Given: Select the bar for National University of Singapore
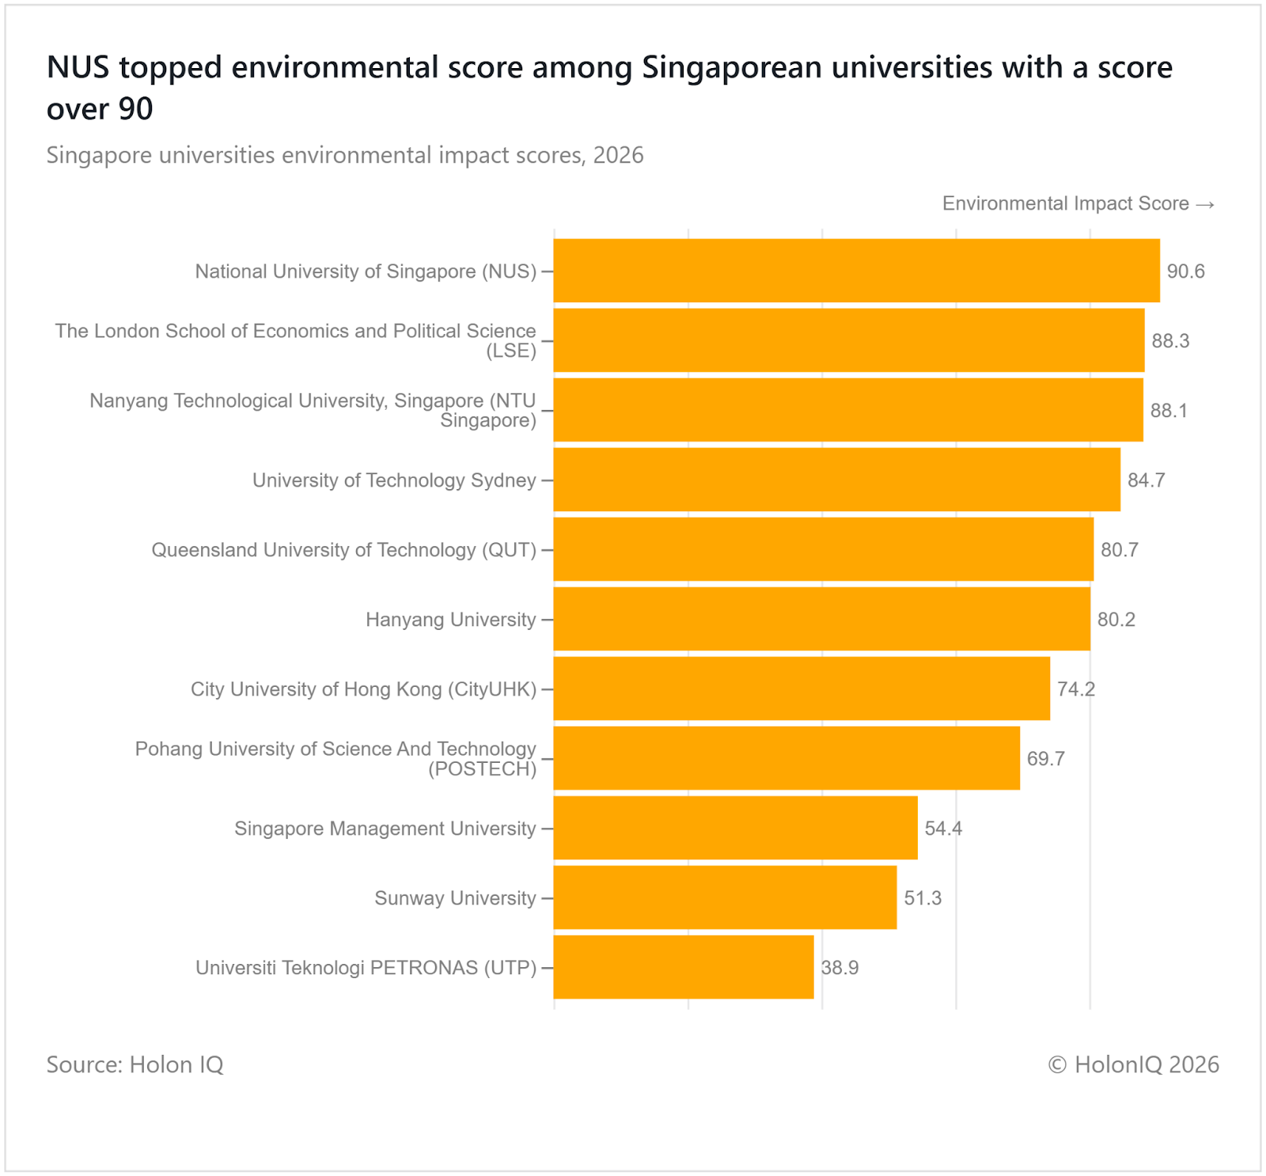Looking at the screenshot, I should (856, 271).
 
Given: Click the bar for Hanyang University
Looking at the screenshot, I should (821, 619).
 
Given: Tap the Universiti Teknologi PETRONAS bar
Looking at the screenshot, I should (684, 967).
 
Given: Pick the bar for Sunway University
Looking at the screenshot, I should (725, 897).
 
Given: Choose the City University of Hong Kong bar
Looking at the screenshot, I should (802, 689).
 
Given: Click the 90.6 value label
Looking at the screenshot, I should (1185, 271).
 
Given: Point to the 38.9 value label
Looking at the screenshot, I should (840, 968).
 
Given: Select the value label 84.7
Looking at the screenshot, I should (1146, 480).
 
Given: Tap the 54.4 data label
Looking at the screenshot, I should (943, 829).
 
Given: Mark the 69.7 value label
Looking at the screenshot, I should (1045, 759).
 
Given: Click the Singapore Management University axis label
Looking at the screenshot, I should (385, 829).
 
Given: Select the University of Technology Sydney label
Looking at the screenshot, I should (394, 480).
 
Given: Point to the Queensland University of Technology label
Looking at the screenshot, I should (343, 550).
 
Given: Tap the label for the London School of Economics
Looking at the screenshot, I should (295, 340).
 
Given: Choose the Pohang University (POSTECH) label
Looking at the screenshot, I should (335, 758).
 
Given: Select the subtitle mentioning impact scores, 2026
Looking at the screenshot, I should (345, 155).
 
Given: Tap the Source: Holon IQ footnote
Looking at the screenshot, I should (135, 1064).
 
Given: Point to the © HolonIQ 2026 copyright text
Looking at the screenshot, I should (1133, 1064).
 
